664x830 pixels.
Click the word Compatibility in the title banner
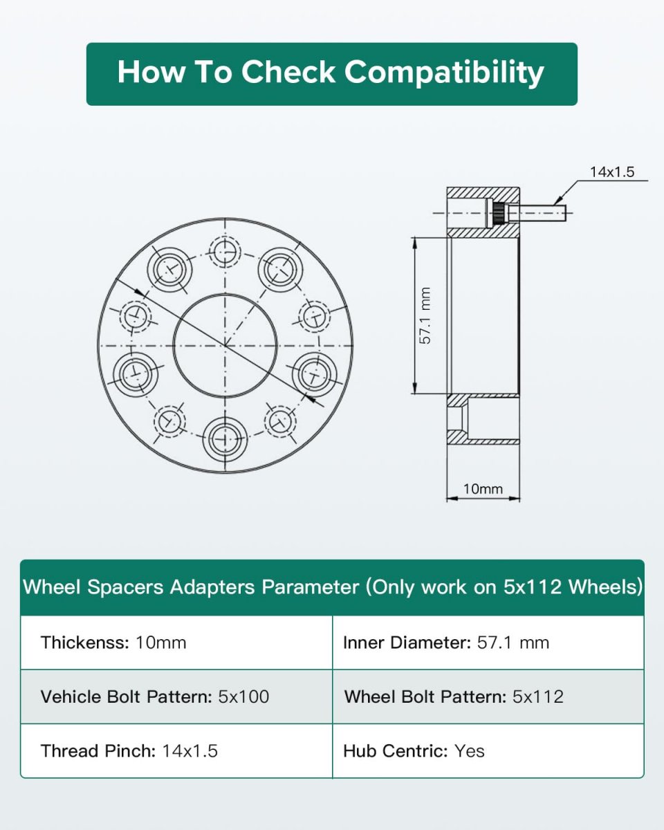click(443, 73)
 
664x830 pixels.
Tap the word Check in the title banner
click(288, 72)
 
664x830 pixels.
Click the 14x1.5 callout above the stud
click(612, 172)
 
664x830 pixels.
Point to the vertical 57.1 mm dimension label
click(425, 315)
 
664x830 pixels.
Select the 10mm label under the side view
click(483, 489)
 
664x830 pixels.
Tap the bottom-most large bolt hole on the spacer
click(225, 439)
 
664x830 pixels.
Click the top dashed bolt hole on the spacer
click(225, 252)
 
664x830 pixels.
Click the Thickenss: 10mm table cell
click(176, 643)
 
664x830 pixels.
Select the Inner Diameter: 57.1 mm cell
click(488, 643)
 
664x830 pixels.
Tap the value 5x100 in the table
click(243, 697)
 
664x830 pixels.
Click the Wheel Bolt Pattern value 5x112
click(538, 697)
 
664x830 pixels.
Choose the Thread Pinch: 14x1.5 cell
click(176, 751)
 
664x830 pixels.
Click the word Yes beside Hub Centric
click(469, 751)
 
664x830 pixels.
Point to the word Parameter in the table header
click(310, 587)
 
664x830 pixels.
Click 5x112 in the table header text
click(533, 587)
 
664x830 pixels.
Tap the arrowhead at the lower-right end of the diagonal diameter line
click(317, 403)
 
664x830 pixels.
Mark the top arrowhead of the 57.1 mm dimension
click(415, 243)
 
